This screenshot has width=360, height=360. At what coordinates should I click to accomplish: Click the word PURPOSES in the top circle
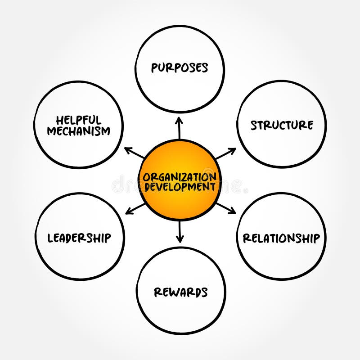tap(180, 68)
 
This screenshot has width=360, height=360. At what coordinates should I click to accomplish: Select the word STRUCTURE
tap(282, 125)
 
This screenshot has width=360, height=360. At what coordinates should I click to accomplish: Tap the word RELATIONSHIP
tap(282, 238)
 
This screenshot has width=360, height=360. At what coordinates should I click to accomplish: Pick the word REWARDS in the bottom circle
tap(180, 292)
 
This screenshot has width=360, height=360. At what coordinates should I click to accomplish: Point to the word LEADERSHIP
tap(80, 238)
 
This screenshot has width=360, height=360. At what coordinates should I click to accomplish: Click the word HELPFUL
tap(79, 120)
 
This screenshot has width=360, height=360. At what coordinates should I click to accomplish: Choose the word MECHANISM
tap(79, 131)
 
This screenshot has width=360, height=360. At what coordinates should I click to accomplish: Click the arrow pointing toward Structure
tap(226, 153)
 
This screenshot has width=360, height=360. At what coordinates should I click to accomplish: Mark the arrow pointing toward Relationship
tap(226, 207)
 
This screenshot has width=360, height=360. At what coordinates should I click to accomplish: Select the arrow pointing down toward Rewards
tap(180, 232)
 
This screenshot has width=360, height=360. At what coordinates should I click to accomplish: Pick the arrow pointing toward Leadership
tap(134, 208)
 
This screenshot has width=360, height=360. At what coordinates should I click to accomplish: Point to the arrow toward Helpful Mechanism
tap(134, 153)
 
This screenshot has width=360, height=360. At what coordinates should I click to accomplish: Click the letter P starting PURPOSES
tap(154, 68)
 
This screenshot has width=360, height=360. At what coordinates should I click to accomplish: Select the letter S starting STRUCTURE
tap(254, 125)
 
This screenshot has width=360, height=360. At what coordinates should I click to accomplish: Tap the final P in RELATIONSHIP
tap(316, 238)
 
